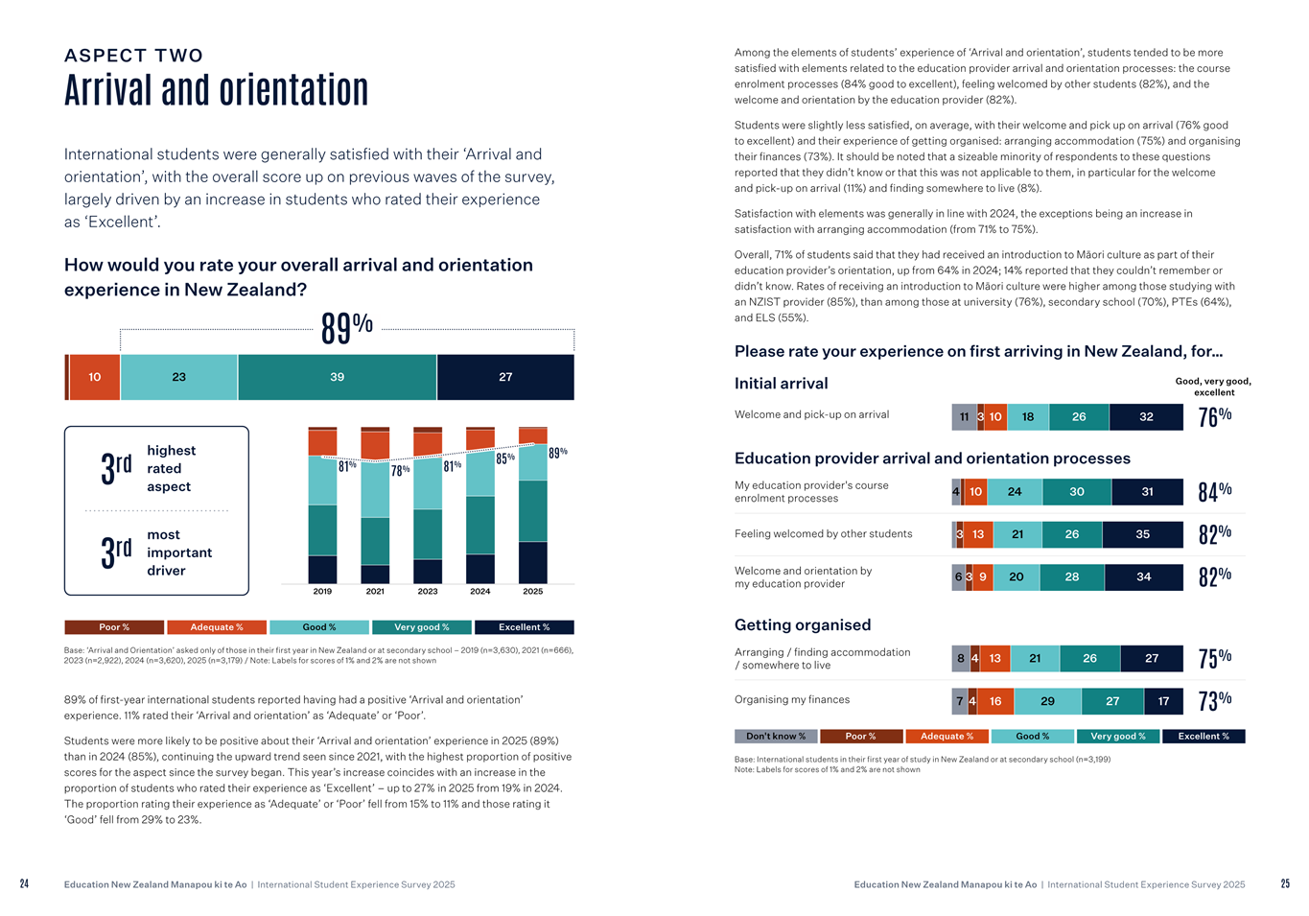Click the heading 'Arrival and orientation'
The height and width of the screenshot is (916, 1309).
[216, 90]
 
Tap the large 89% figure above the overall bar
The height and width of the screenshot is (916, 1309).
[346, 328]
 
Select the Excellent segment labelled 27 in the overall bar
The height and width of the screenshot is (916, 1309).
[505, 377]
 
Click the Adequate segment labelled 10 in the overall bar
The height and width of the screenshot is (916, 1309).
[94, 377]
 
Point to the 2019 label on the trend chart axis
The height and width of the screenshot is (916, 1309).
[322, 592]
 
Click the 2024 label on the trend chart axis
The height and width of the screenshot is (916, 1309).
[479, 592]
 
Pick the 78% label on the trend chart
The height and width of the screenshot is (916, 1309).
[400, 471]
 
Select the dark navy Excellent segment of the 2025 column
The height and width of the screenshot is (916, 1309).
[532, 562]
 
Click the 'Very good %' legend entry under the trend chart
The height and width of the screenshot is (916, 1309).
[422, 627]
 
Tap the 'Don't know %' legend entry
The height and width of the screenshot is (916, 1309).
[776, 737]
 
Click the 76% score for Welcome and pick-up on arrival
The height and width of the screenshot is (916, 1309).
[1214, 416]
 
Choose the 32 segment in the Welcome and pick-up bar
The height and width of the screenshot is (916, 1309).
[1146, 417]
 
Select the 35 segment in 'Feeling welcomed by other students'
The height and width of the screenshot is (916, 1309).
[1142, 534]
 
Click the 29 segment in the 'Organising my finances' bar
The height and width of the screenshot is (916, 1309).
[1047, 701]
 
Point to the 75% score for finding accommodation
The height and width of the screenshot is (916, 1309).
[1214, 658]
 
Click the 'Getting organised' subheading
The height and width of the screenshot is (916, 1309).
[803, 625]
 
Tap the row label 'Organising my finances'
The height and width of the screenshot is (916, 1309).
[791, 700]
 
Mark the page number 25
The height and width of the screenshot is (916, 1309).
[1285, 884]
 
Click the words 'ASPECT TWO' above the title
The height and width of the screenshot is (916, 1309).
[133, 56]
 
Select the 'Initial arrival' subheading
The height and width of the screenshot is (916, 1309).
[781, 384]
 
